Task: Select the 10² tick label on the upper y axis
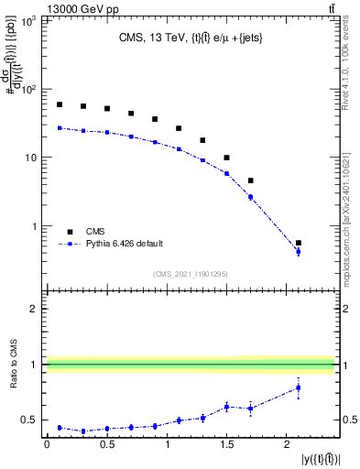click(29, 90)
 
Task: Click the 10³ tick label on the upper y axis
click(29, 21)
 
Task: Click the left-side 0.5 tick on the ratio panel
click(33, 420)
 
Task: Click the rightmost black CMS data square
click(299, 243)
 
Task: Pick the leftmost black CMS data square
click(60, 104)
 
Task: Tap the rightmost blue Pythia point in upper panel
click(299, 251)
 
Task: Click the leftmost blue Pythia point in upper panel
click(60, 128)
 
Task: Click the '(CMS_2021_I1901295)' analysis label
click(191, 274)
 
